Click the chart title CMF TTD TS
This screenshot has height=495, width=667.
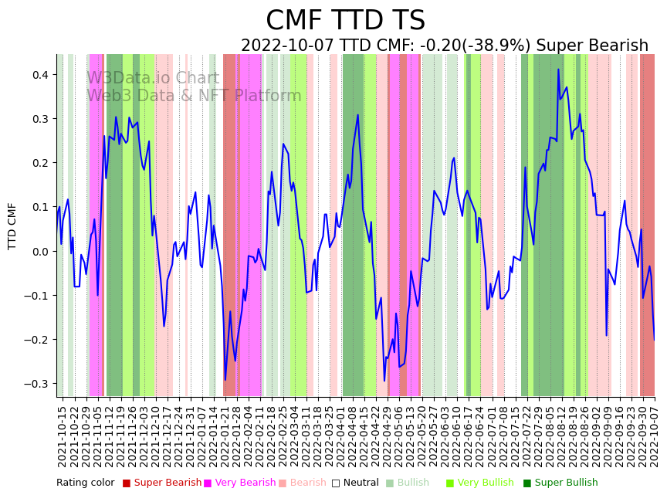(345, 21)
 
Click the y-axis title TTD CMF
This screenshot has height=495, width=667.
(12, 226)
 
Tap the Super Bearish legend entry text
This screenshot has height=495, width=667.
(168, 483)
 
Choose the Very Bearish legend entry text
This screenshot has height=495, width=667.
(245, 483)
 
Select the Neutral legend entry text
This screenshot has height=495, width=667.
(361, 483)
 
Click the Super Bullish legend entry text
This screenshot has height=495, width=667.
(566, 483)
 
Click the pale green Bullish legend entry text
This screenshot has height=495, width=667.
(413, 483)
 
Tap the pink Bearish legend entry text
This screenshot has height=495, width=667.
(308, 483)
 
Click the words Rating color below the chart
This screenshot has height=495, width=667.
(85, 483)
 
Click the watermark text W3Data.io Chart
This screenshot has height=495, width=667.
(153, 79)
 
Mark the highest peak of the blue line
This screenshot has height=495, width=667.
(558, 70)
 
